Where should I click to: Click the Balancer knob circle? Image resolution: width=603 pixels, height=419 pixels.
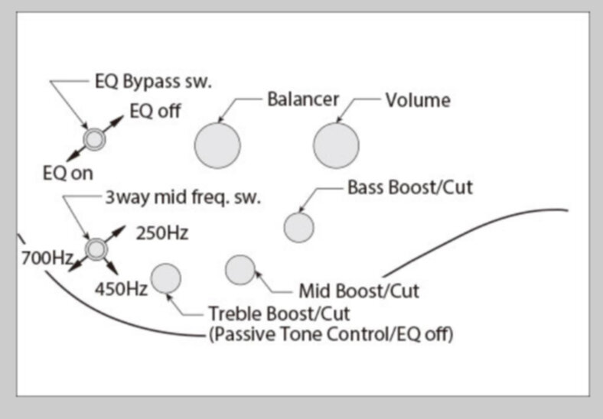coord(217,145)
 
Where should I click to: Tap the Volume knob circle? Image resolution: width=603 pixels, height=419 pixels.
coord(335,145)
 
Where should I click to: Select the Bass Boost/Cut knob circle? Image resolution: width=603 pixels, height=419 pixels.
coord(298,227)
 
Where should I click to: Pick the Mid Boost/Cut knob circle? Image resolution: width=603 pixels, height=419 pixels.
coord(240,269)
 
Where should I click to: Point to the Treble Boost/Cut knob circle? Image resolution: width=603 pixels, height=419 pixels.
coord(166,278)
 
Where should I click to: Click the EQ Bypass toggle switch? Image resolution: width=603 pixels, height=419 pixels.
coord(94,138)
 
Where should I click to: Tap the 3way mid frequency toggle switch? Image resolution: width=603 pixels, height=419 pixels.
coord(95,248)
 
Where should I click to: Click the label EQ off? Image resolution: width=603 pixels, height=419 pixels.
coord(155,111)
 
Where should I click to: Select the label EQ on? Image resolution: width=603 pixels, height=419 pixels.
coord(67,173)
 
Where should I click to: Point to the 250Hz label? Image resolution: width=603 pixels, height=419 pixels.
coord(161,233)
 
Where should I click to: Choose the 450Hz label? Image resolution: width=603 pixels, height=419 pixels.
coord(121,289)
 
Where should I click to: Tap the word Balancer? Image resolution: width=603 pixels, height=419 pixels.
coord(302,99)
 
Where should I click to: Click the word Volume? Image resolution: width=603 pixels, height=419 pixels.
coord(417,100)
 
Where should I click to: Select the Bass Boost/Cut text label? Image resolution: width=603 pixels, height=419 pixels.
coord(409,187)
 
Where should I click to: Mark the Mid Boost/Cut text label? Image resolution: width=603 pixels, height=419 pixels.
coord(358,291)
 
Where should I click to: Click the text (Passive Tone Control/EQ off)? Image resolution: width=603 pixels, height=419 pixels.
coord(331,334)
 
